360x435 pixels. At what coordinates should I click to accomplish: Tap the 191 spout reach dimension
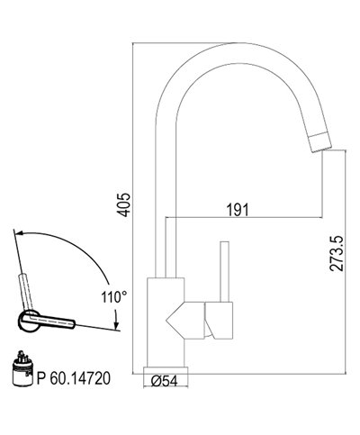237,209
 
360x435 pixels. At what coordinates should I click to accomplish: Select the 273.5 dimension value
337,261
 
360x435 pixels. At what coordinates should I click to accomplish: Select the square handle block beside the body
220,320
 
